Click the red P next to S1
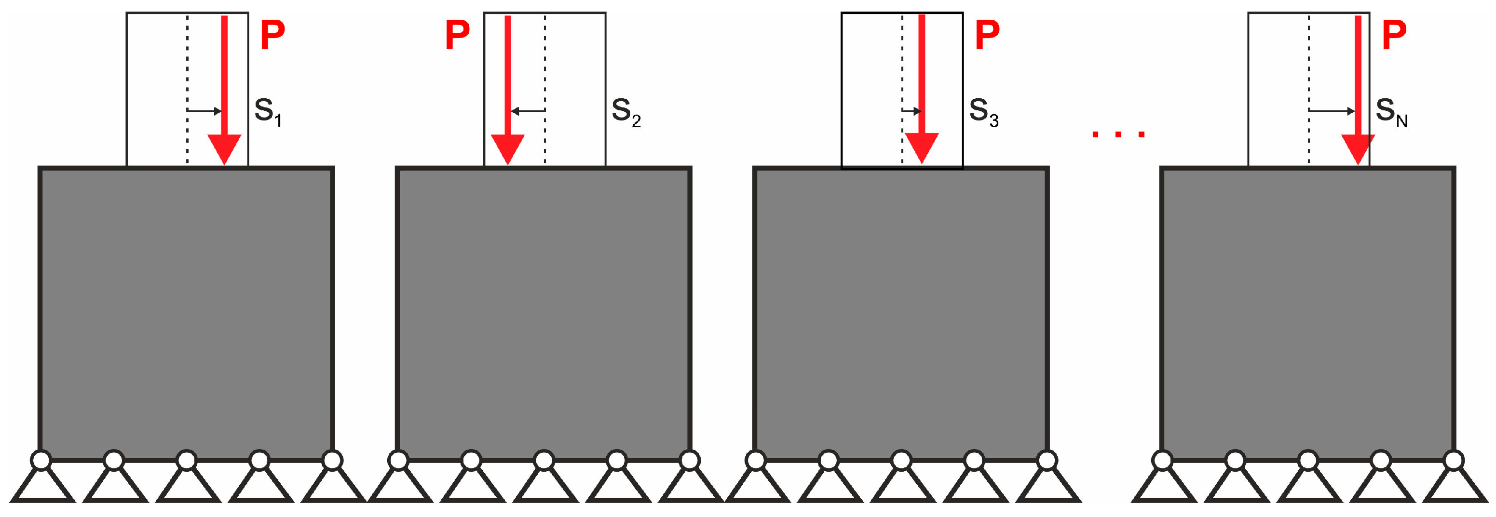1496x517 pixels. click(272, 35)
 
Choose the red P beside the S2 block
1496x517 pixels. click(457, 35)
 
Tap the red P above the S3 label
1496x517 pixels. click(987, 35)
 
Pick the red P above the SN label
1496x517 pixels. click(1394, 35)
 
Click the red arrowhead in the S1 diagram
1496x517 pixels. click(224, 148)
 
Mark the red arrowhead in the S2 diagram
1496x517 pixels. click(507, 148)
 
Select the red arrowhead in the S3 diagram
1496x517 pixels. click(922, 147)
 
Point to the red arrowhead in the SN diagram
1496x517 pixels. click(1358, 148)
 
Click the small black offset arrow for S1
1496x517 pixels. click(204, 111)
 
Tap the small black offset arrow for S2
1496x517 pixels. click(527, 111)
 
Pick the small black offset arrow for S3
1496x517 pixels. click(912, 111)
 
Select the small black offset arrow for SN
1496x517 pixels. click(1332, 111)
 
